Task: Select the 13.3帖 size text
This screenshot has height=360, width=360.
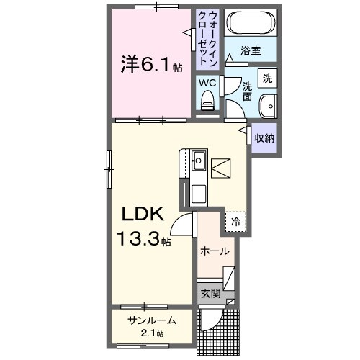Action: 145,239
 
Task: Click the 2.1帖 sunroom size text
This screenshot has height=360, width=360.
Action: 151,333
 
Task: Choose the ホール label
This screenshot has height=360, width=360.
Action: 215,251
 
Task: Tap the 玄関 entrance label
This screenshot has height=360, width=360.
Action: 210,293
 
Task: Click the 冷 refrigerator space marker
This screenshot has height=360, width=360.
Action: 235,222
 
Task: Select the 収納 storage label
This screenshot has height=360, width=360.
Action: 265,137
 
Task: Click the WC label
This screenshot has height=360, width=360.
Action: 207,83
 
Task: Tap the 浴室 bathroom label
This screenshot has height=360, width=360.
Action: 250,53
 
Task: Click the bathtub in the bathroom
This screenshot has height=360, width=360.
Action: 250,24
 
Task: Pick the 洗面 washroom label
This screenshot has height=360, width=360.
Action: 247,91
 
